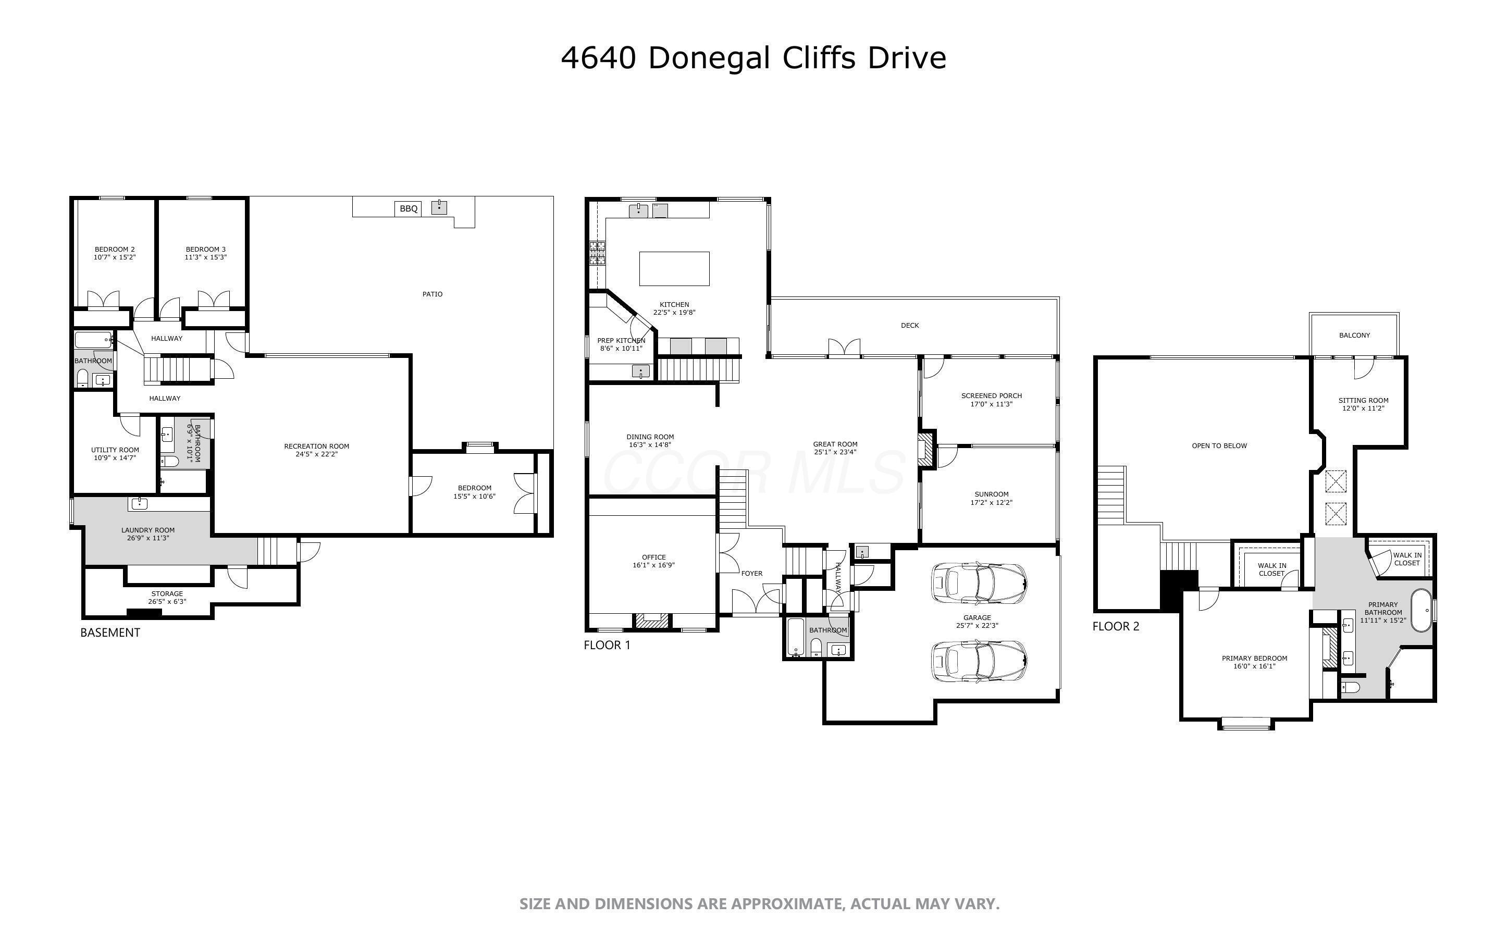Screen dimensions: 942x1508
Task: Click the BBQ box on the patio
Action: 409,209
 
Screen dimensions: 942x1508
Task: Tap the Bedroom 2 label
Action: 115,249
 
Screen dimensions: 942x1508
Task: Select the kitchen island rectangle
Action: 674,268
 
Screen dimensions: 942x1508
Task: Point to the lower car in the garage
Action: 979,661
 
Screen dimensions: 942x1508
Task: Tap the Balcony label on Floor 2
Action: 1354,335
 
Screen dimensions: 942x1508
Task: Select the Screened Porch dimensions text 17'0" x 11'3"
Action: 991,404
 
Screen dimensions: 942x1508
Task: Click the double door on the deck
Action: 844,348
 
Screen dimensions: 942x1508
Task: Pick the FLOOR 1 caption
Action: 607,645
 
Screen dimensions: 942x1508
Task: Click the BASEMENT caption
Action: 110,633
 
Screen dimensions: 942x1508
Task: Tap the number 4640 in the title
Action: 598,58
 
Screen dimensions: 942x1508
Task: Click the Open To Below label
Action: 1219,445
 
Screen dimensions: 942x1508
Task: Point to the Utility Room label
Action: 115,450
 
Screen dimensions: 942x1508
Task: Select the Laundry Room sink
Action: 139,503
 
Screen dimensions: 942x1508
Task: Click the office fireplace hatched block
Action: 651,621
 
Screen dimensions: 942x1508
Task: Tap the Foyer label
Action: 751,573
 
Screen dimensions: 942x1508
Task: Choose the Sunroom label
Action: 991,494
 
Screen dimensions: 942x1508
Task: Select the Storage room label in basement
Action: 167,594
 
